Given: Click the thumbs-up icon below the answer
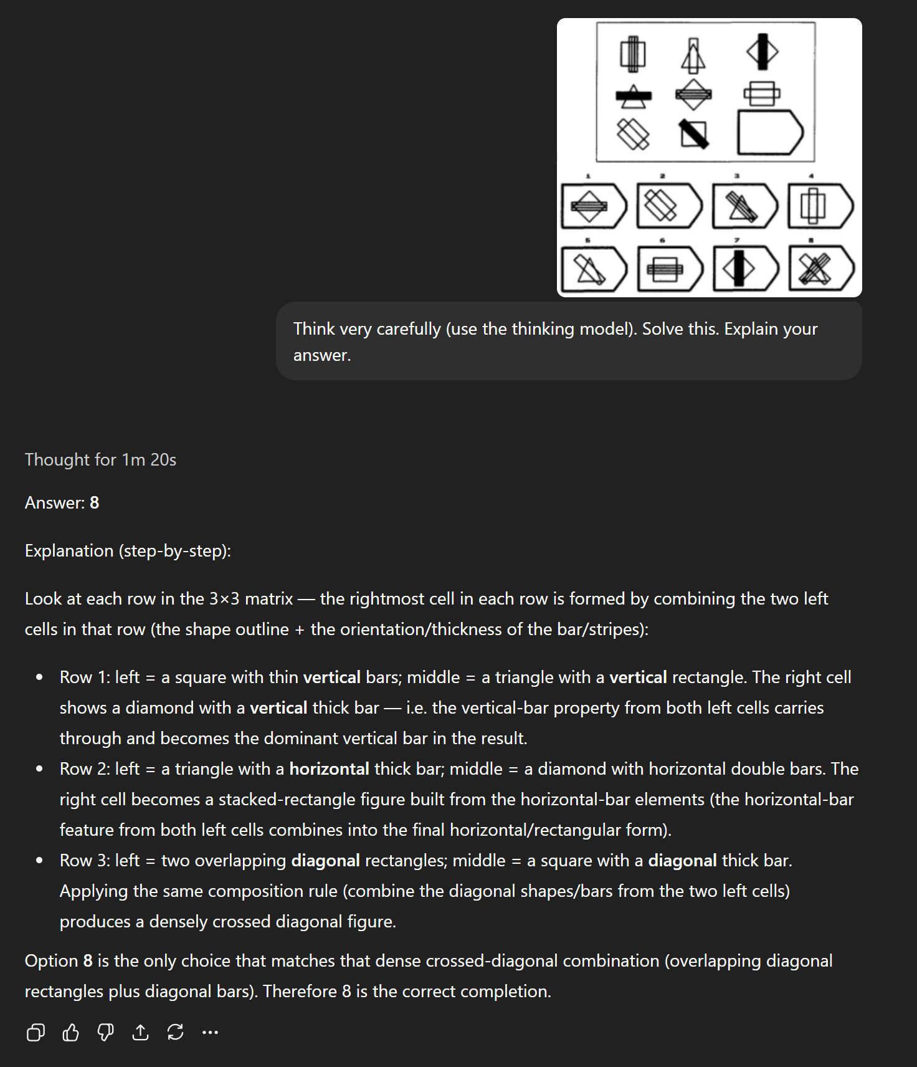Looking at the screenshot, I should point(71,1033).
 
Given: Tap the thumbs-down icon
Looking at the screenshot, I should point(106,1033).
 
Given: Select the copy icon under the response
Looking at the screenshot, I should point(36,1033).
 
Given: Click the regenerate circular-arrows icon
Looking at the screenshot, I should point(176,1033).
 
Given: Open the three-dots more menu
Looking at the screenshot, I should point(211,1033).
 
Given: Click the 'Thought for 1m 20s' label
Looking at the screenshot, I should point(100,460).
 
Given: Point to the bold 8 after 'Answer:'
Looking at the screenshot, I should point(95,503).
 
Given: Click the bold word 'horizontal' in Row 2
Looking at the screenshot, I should point(329,769).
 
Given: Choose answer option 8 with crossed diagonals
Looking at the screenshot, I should point(820,269).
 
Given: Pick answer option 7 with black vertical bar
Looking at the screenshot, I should point(745,269).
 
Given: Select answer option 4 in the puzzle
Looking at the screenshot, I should point(820,206).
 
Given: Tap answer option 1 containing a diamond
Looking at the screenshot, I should point(593,206).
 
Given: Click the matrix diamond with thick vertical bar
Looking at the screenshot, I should point(763,52).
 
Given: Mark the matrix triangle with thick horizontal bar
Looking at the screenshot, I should point(634,96).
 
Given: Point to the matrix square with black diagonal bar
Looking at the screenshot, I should point(694,133).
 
